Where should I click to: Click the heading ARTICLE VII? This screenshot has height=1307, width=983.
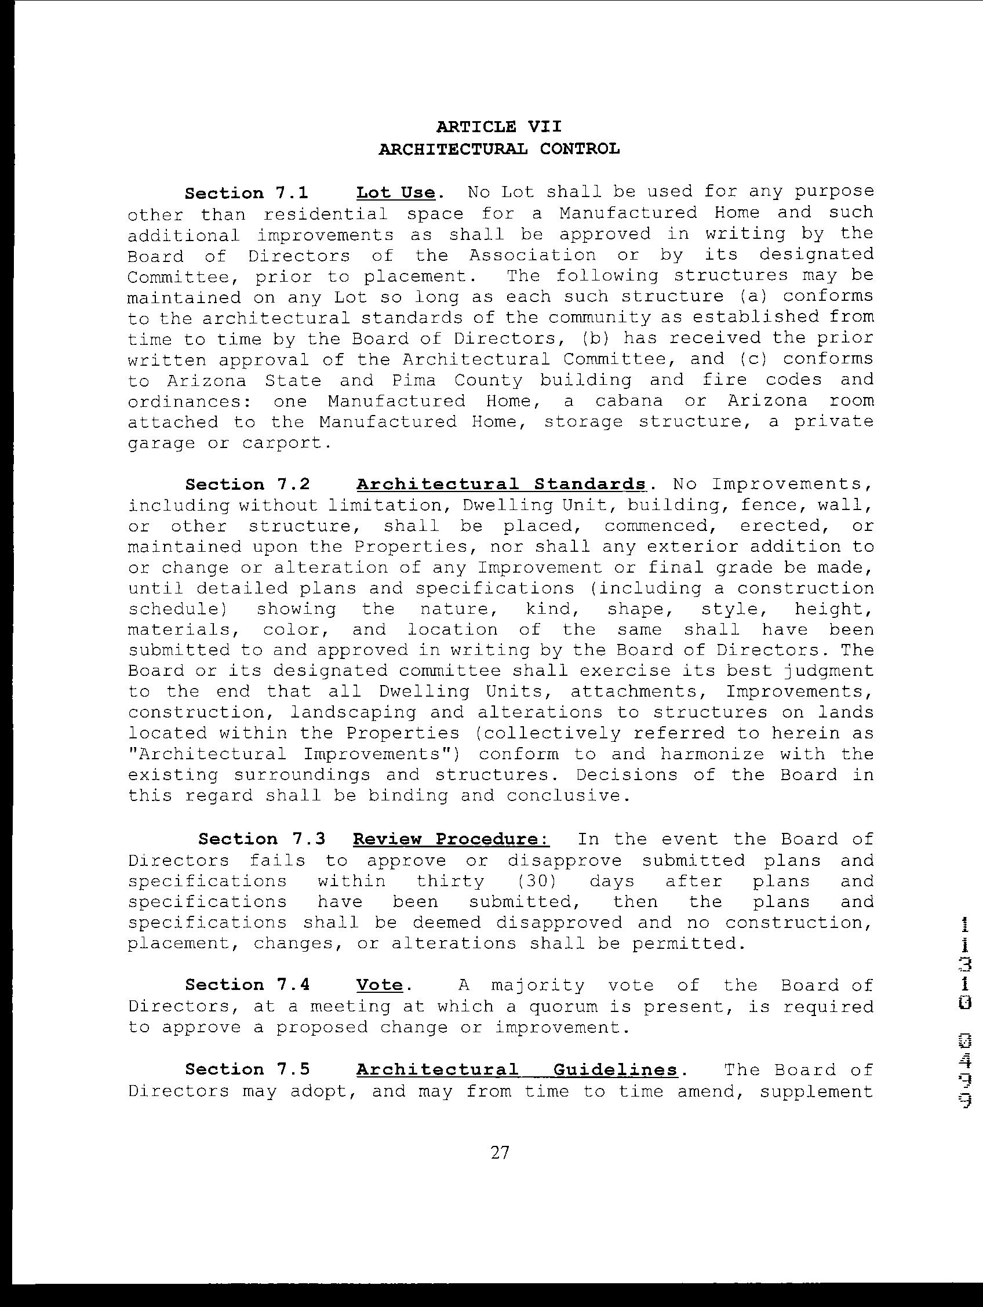tap(499, 126)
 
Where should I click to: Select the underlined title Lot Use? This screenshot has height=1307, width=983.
tap(396, 193)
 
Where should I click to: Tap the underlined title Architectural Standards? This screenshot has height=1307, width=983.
tap(501, 484)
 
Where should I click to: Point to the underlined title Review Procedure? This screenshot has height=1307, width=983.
tap(452, 839)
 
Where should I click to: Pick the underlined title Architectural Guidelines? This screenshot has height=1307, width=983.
tap(517, 1069)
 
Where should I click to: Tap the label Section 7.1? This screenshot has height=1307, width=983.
tap(246, 193)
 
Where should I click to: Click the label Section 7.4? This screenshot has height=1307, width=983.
tap(247, 985)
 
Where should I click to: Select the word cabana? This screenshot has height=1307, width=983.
tap(628, 401)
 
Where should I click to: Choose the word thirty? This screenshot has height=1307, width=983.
tap(450, 881)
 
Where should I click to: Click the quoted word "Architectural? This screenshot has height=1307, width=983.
tap(207, 754)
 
